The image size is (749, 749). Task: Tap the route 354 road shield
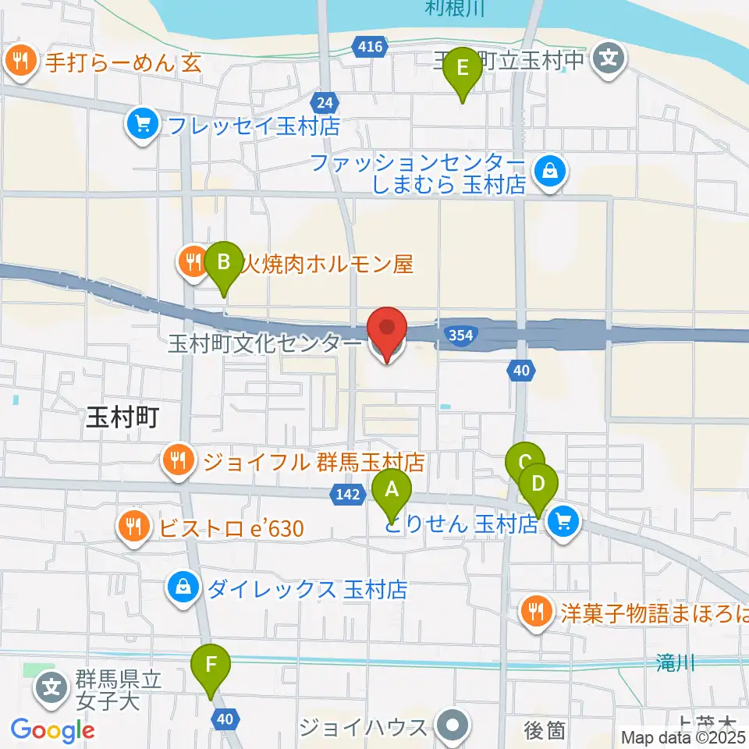tap(460, 335)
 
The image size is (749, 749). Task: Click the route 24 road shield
tap(325, 101)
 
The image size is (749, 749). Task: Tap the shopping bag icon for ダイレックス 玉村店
tap(183, 587)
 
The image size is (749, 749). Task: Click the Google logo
tap(52, 730)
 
